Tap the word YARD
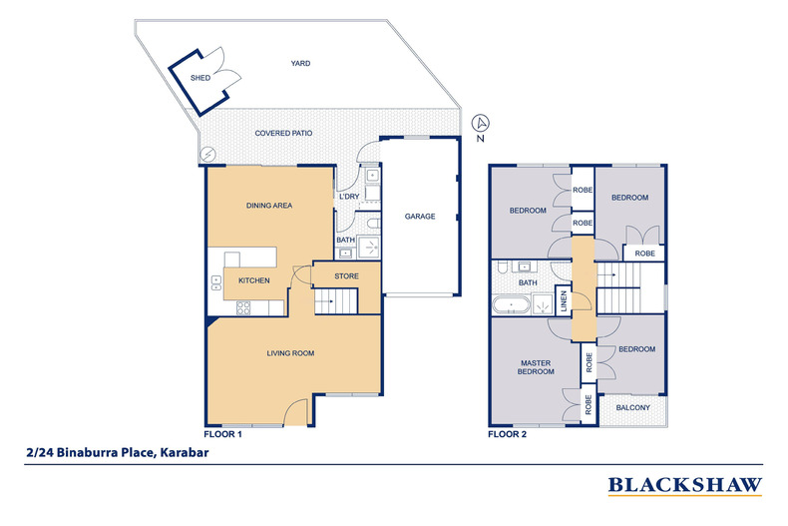300,63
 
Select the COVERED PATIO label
286,133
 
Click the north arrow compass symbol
481,124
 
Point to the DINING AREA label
268,206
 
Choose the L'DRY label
348,196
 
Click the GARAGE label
419,216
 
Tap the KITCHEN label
253,280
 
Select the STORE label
345,275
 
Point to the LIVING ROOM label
289,353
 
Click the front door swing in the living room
295,410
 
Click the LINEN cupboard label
564,299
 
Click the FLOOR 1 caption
222,434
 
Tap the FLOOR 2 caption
506,434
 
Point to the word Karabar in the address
182,452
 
